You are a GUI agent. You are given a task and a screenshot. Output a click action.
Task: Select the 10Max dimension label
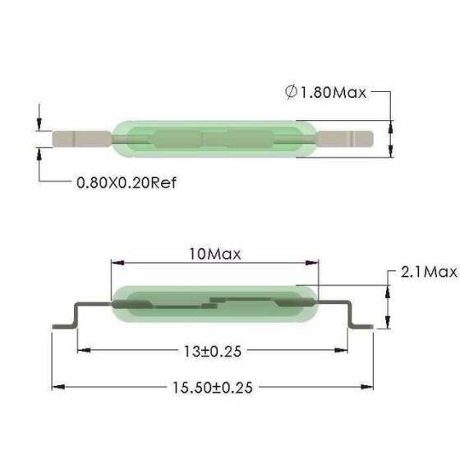214,254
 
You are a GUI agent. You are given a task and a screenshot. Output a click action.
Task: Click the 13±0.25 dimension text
214,351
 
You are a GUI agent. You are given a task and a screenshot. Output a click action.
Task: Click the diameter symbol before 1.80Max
292,93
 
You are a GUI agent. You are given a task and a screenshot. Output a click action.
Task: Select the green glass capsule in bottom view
214,305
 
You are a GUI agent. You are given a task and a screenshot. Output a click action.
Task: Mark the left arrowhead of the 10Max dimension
116,264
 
